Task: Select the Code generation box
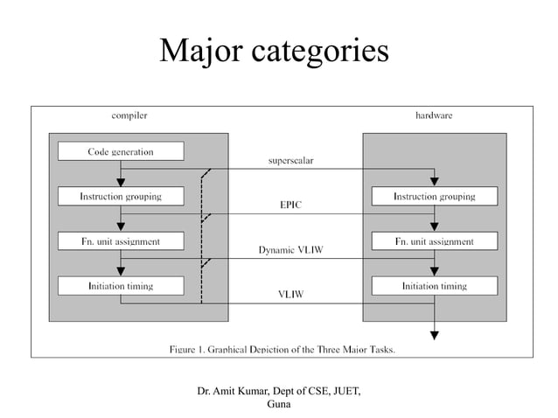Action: tap(121, 151)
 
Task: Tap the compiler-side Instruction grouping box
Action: tap(121, 197)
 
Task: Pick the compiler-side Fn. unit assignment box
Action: tap(121, 240)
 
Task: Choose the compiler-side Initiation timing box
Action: tap(121, 286)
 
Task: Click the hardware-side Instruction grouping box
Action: tap(434, 197)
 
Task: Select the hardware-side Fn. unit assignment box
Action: tap(434, 240)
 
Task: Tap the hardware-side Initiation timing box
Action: tap(434, 286)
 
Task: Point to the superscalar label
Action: tap(290, 160)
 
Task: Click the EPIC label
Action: tap(290, 205)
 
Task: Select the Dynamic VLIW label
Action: tap(290, 250)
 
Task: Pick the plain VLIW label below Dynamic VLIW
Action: tap(290, 295)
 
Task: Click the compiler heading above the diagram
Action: tap(129, 115)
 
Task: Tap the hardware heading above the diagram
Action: tap(434, 115)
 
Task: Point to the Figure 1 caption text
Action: tap(282, 350)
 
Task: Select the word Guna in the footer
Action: tap(279, 403)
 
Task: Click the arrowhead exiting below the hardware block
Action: tap(435, 333)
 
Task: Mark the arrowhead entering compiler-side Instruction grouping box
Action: tap(121, 182)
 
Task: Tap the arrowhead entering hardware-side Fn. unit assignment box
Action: tap(435, 226)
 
